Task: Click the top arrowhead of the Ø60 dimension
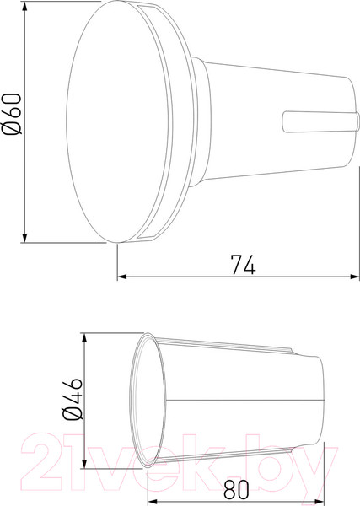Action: tap(24, 7)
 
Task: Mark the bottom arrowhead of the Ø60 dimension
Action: tap(24, 239)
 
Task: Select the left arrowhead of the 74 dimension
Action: tap(121, 276)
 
